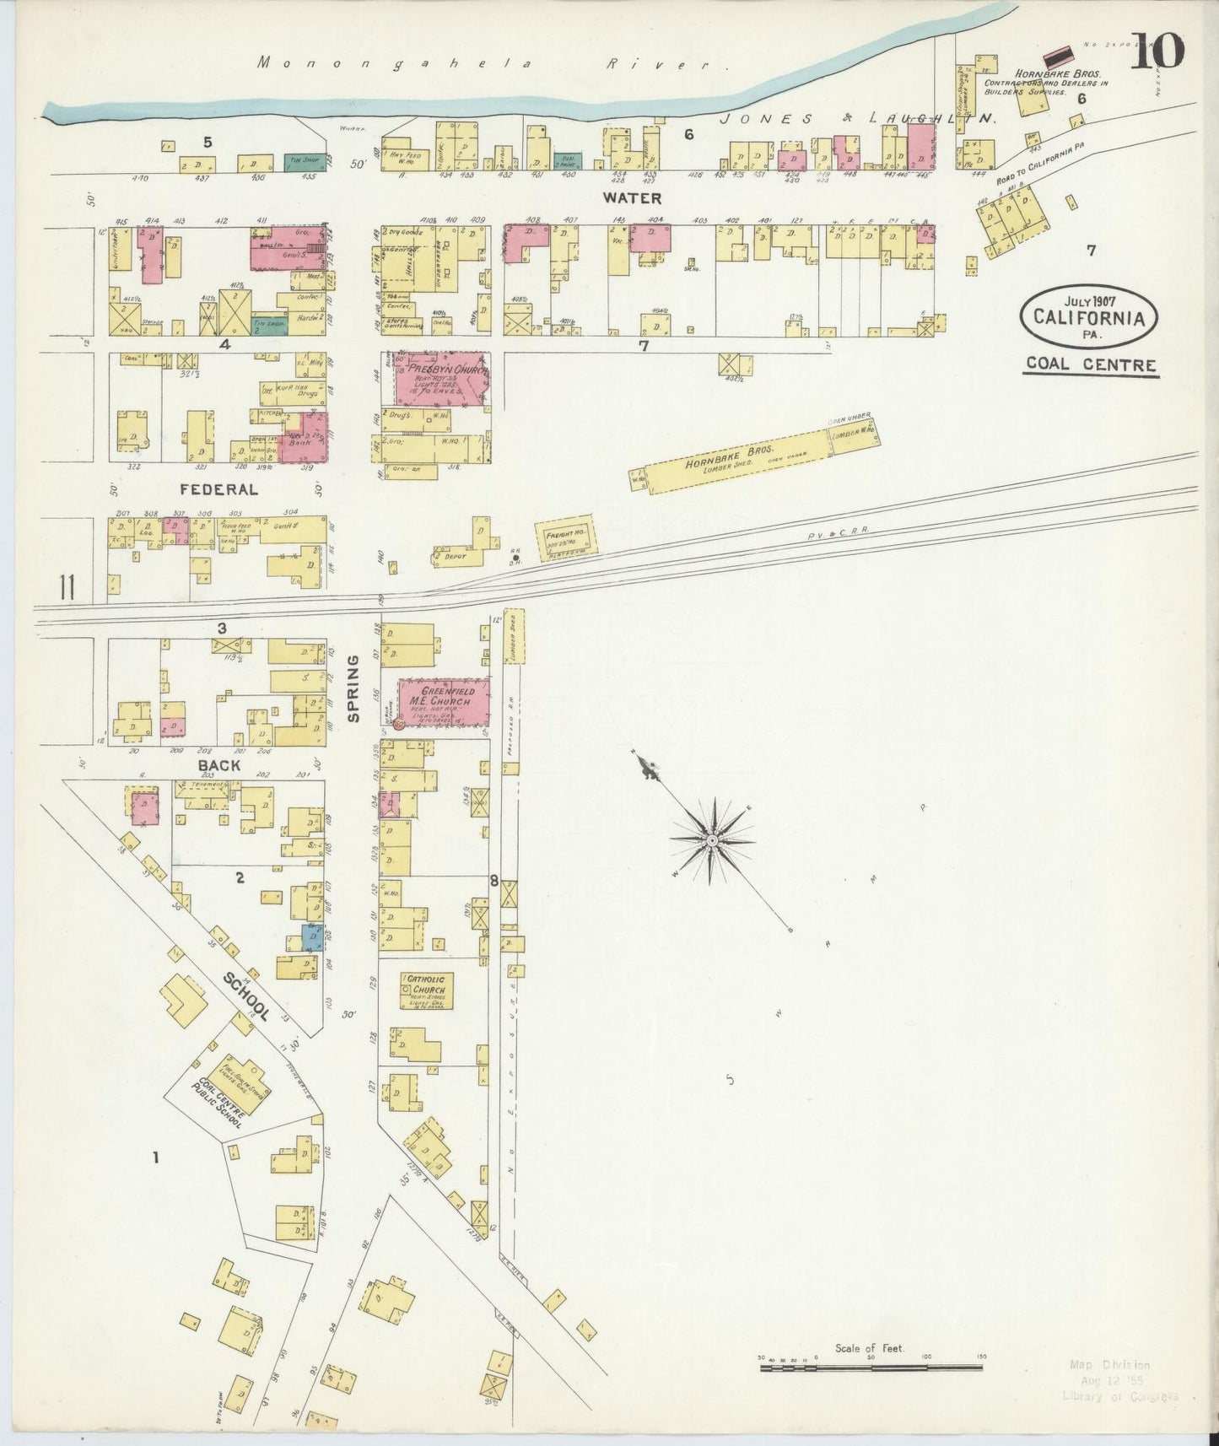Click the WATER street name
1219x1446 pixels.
coord(631,198)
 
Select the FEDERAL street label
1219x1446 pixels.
coord(218,489)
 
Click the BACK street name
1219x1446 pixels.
coord(219,765)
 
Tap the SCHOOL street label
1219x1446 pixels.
coord(247,996)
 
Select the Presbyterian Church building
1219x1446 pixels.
coord(442,379)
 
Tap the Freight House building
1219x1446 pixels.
coord(565,538)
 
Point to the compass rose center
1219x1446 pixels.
coord(712,840)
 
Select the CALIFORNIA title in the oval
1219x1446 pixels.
coord(1088,319)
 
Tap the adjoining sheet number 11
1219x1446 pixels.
coord(67,587)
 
